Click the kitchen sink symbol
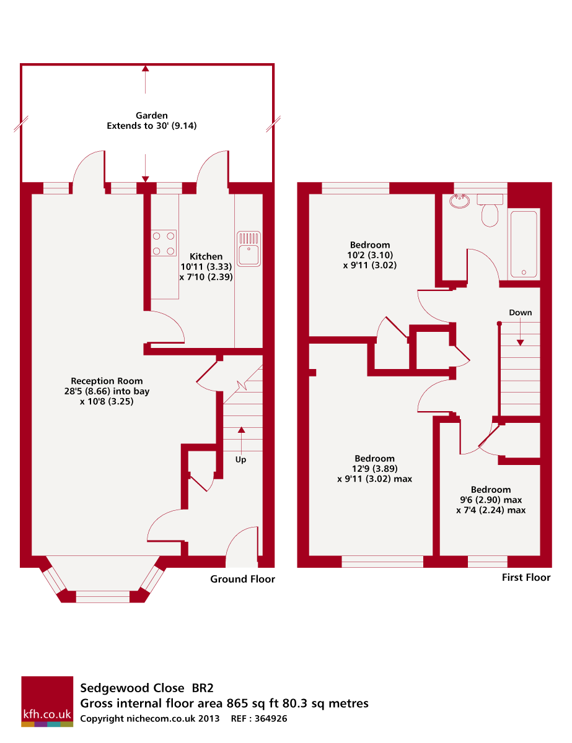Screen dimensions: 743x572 pyautogui.click(x=250, y=248)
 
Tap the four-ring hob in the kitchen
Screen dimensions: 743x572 pyautogui.click(x=163, y=243)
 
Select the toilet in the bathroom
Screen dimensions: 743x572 pyautogui.click(x=490, y=211)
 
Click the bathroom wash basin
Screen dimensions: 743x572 pyautogui.click(x=461, y=201)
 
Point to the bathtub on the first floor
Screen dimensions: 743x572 pyautogui.click(x=524, y=243)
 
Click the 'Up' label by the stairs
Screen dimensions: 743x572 pyautogui.click(x=240, y=459)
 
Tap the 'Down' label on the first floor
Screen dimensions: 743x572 pyautogui.click(x=521, y=313)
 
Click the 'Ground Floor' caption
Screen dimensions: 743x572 pyautogui.click(x=242, y=579)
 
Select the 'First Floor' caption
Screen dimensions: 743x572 pyautogui.click(x=526, y=577)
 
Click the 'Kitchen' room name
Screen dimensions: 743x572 pyautogui.click(x=206, y=256)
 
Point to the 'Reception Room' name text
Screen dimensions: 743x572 pyautogui.click(x=107, y=381)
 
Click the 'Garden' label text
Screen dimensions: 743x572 pyautogui.click(x=152, y=115)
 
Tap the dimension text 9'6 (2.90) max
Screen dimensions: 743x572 pyautogui.click(x=491, y=500)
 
